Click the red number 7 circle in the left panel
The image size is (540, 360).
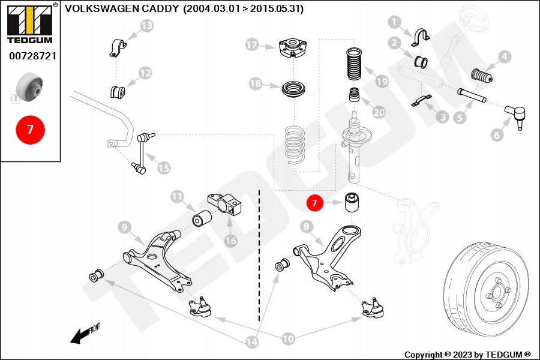tap(30, 129)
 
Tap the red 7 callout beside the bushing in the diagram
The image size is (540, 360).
tap(315, 203)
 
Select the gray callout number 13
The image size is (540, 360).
tap(146, 25)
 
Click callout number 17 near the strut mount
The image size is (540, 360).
tap(252, 44)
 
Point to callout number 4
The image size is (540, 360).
tap(504, 57)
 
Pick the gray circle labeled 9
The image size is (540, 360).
tap(125, 227)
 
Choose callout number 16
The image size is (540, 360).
tap(230, 240)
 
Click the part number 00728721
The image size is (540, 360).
tap(32, 56)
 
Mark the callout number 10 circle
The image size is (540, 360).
tap(289, 339)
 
